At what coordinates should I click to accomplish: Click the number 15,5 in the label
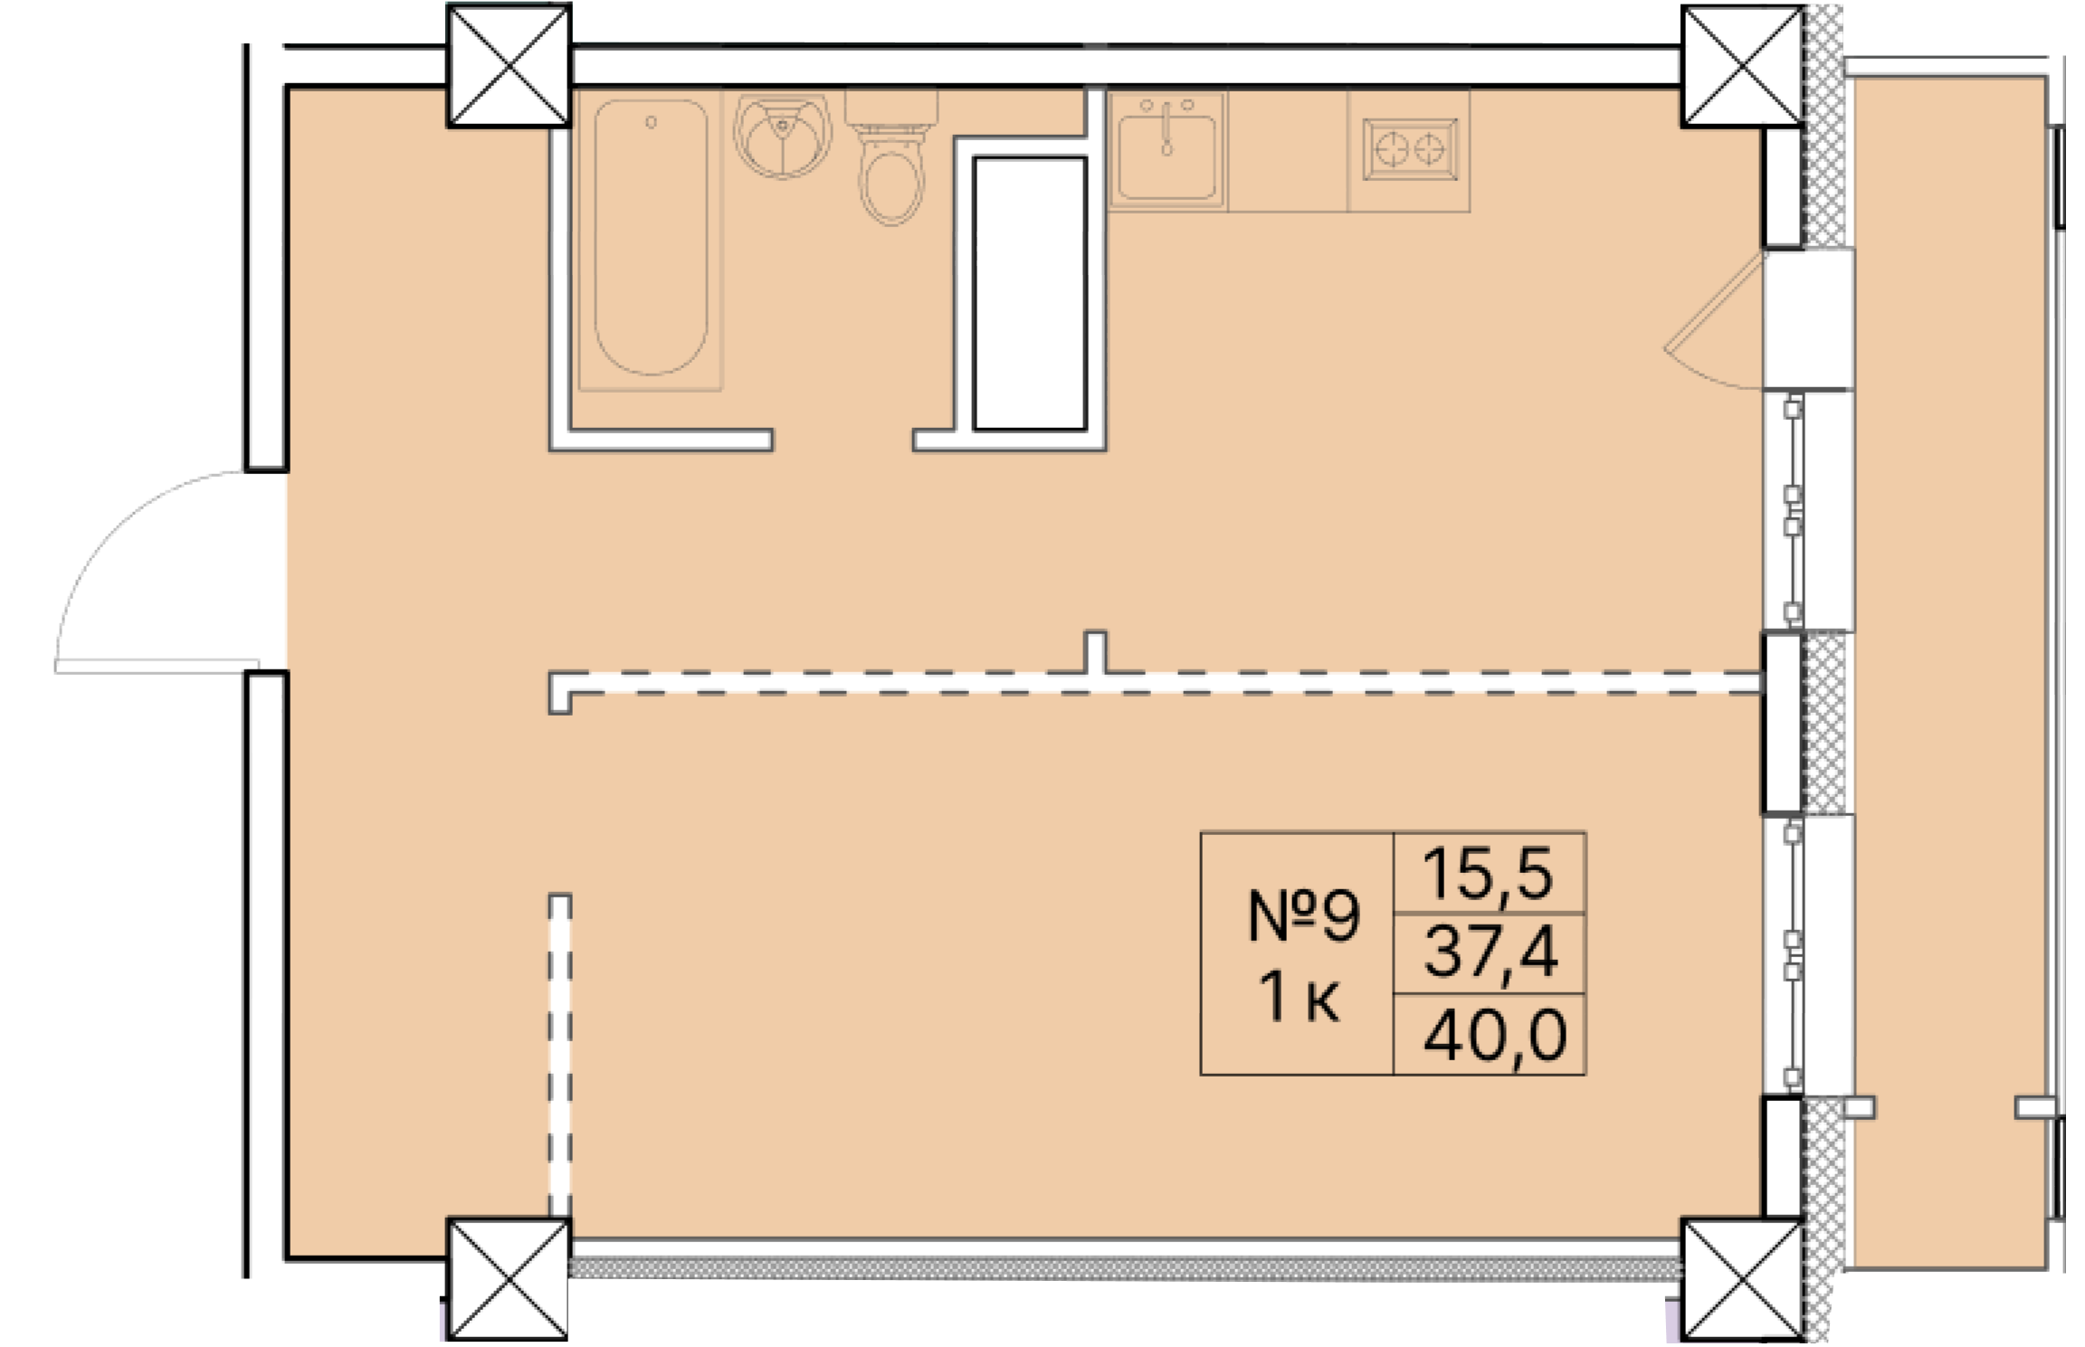(1489, 874)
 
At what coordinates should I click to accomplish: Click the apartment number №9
(1303, 915)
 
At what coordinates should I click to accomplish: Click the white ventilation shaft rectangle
(1029, 293)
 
